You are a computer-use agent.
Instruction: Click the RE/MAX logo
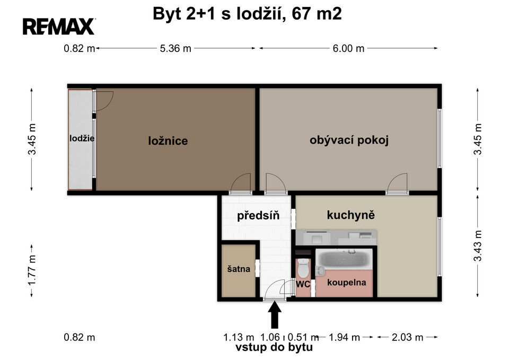coord(59,27)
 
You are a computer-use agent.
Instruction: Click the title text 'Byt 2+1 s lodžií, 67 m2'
coord(247,14)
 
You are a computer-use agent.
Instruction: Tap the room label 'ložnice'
coord(168,141)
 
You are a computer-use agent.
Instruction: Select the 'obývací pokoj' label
coord(349,140)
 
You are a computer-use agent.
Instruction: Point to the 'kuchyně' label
coord(350,215)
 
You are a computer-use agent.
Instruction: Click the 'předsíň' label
coord(258,215)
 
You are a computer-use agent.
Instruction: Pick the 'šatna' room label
coord(239,269)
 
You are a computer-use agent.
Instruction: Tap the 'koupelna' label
coord(346,283)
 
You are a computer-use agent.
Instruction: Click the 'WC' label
coord(303,284)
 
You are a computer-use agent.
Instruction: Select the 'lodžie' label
coord(82,138)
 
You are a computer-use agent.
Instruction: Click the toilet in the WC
coord(303,268)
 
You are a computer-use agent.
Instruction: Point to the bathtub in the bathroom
coord(344,259)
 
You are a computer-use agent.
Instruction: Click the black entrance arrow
coord(275,315)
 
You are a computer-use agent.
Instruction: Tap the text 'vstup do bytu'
coord(274,347)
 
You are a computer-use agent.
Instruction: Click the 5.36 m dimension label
coord(175,48)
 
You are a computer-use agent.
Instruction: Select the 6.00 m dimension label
coord(348,48)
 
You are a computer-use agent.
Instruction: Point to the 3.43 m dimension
coord(478,245)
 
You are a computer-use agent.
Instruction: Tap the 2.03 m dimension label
coord(407,337)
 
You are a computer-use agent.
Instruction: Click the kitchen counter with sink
coord(336,238)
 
